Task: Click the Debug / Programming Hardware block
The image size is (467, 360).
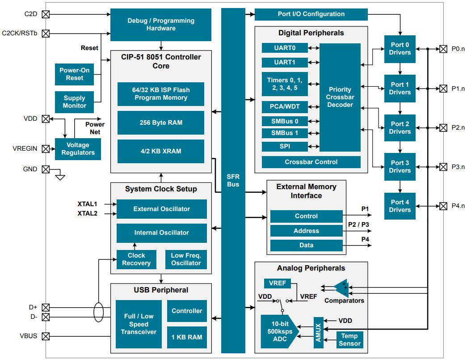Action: [161, 25]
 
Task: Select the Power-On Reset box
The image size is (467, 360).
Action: [75, 74]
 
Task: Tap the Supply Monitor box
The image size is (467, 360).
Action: [75, 102]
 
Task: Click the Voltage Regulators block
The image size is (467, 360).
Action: [78, 149]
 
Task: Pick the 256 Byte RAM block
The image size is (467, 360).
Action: [161, 123]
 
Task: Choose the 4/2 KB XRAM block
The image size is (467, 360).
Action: [161, 151]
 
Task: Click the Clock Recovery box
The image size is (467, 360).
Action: [136, 259]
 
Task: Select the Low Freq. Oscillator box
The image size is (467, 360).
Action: [186, 259]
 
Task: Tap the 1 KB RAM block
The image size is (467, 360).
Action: [187, 337]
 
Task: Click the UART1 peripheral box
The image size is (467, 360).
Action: [285, 62]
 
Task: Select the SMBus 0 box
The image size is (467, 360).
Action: [285, 121]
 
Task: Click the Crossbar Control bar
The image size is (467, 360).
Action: [311, 162]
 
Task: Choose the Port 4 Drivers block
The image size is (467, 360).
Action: [400, 206]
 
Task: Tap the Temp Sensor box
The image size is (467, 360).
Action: [349, 340]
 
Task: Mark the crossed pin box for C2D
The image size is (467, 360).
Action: [46, 14]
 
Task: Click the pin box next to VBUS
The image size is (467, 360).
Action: [46, 336]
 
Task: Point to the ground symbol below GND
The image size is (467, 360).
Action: [60, 177]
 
